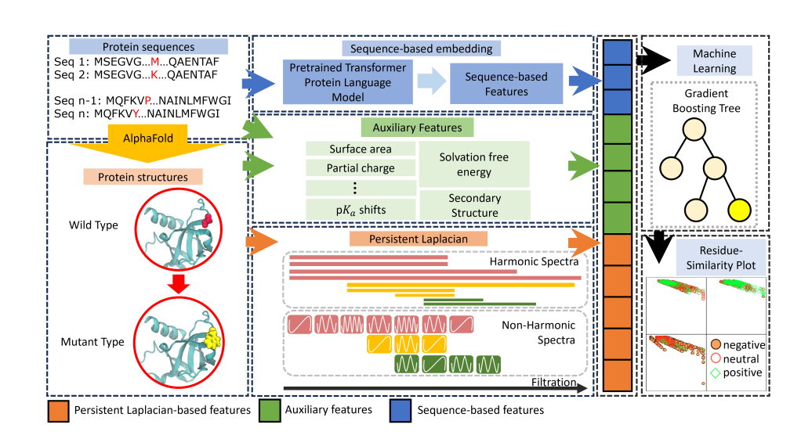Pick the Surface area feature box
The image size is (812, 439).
[360, 149]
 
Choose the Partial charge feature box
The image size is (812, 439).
[360, 167]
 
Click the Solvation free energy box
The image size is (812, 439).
[474, 164]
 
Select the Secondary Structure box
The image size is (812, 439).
[474, 206]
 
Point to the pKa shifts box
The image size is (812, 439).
[360, 209]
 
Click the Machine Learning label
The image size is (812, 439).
[713, 61]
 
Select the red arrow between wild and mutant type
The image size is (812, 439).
[179, 286]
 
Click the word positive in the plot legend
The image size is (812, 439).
[742, 372]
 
